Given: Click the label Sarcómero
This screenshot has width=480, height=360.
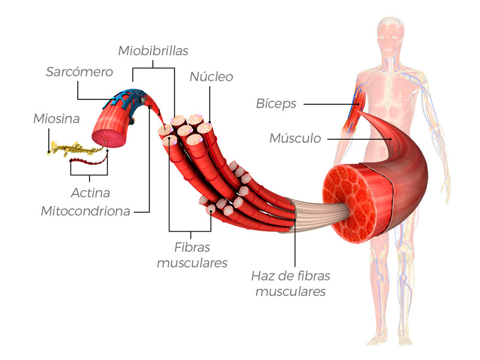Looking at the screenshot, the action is [x=80, y=72].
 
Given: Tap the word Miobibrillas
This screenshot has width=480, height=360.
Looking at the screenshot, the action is [x=153, y=51].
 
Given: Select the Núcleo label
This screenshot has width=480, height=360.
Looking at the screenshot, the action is [x=211, y=77].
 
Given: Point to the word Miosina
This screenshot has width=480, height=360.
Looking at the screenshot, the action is [x=57, y=119].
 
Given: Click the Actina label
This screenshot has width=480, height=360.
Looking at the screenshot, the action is [x=90, y=193].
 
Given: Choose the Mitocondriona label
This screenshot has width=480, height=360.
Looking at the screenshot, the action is [x=85, y=211].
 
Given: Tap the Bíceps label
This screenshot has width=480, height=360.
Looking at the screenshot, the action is [x=276, y=104].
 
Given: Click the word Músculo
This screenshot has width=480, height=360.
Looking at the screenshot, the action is [x=295, y=138].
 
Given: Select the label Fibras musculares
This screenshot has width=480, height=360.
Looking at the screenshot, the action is [x=192, y=255].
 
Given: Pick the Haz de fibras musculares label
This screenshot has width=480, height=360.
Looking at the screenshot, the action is [x=291, y=284].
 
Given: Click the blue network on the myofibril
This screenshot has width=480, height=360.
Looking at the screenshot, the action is [x=125, y=98].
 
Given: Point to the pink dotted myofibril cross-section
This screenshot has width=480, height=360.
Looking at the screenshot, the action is [x=109, y=138].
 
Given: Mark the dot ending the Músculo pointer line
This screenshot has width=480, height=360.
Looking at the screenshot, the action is [x=390, y=139].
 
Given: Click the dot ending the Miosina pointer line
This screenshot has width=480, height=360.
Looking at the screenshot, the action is [x=48, y=151].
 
